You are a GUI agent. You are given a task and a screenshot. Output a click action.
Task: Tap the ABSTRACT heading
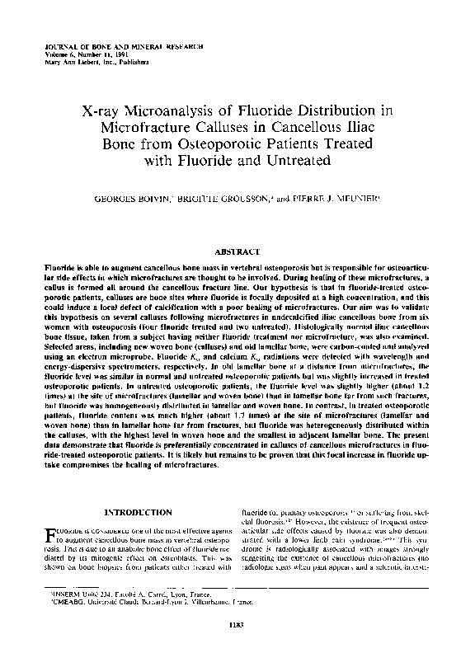pos(237,250)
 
